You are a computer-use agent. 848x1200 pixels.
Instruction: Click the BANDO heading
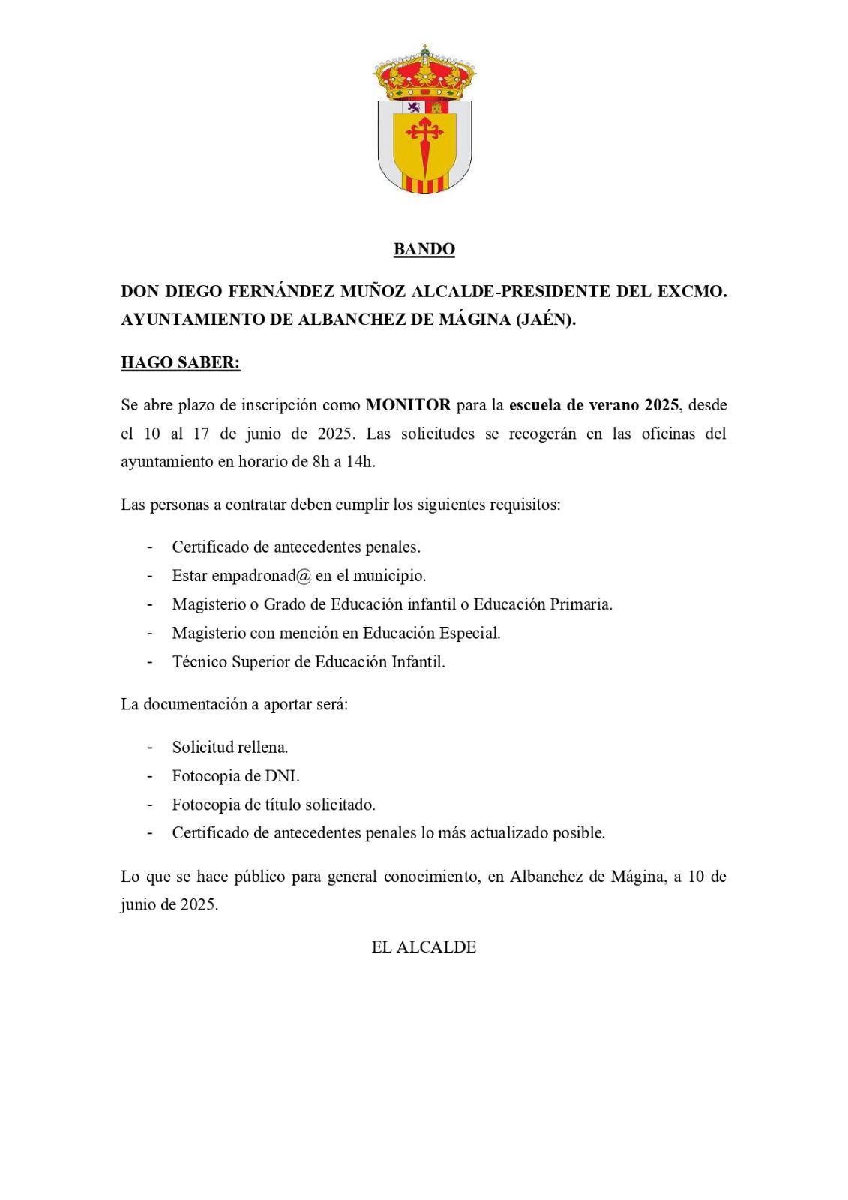[x=424, y=249]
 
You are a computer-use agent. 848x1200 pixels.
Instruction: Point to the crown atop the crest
[x=424, y=73]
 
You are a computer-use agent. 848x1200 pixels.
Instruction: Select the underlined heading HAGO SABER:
[x=180, y=363]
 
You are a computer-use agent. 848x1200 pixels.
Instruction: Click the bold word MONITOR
[x=408, y=406]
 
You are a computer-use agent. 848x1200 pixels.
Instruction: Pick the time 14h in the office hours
[x=359, y=462]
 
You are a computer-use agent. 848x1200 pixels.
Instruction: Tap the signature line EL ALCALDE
[x=424, y=947]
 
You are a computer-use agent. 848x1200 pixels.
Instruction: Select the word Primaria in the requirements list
[x=580, y=604]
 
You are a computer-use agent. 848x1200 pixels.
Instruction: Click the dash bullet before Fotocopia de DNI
[x=150, y=776]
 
